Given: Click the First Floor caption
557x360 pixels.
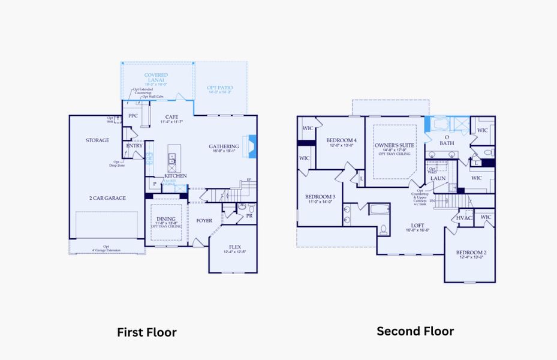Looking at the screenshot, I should point(146,332).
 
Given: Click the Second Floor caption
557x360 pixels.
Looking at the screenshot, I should point(415,331).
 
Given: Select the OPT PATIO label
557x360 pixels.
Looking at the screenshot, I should point(219,88).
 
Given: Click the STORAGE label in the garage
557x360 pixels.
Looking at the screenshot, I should point(97,140).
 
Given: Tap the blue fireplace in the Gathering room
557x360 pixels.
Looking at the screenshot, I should point(252,146).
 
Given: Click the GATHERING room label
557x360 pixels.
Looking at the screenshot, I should point(224,146).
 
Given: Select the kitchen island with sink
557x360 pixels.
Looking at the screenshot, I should point(172,157).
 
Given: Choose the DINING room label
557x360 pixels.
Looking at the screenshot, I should point(165,220).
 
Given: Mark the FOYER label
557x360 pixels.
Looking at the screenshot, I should point(204,221).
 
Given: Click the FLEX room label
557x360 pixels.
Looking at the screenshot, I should point(235,247).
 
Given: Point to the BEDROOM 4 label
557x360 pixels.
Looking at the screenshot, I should point(342,140).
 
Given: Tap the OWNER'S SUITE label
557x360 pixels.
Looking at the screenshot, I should point(394,145).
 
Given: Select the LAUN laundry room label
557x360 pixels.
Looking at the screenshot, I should point(438,178).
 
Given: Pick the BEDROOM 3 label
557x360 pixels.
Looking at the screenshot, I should point(320,197).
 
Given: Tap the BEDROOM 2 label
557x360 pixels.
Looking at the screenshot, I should point(471,253).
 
